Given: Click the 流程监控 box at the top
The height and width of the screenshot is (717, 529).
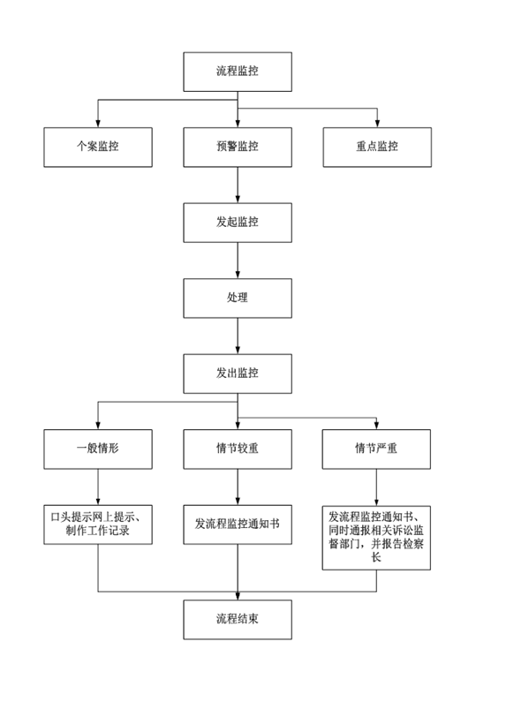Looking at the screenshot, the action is tap(238, 72).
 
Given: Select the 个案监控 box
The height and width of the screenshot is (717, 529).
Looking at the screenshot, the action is tap(98, 147).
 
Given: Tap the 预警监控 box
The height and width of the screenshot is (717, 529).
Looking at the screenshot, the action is tap(238, 147).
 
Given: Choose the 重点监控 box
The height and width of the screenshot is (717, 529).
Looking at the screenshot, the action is tap(377, 147).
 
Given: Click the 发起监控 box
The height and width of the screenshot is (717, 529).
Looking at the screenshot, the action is tap(238, 223).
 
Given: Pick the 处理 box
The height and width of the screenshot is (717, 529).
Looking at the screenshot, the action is tap(238, 298).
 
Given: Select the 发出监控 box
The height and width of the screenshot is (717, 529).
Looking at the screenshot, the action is tap(238, 374).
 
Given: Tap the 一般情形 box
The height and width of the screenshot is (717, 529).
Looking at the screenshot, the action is tap(98, 449).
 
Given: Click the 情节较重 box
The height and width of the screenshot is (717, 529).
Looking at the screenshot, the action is tap(238, 449).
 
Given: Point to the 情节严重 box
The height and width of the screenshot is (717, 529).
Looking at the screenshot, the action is tap(376, 449).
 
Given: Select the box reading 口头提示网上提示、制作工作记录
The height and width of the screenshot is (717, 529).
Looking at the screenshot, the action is tap(98, 525).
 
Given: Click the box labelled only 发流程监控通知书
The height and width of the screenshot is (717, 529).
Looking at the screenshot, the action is tap(238, 525).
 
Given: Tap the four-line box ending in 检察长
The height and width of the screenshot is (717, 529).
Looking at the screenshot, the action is tap(376, 538).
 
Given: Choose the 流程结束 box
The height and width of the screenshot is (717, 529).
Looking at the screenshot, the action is tap(238, 620).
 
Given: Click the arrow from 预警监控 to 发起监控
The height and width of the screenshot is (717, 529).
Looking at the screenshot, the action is tap(238, 185).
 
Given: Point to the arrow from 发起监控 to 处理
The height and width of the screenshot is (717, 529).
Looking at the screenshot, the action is tap(238, 260).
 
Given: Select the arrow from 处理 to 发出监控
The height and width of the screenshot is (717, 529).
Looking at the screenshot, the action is tap(238, 336).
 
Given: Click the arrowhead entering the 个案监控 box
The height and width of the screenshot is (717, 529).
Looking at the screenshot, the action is tap(98, 124).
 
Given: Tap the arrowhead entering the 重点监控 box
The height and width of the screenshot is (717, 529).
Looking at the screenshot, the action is tap(377, 124).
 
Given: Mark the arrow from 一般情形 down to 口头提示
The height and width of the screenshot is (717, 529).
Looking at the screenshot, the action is tap(98, 487).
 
